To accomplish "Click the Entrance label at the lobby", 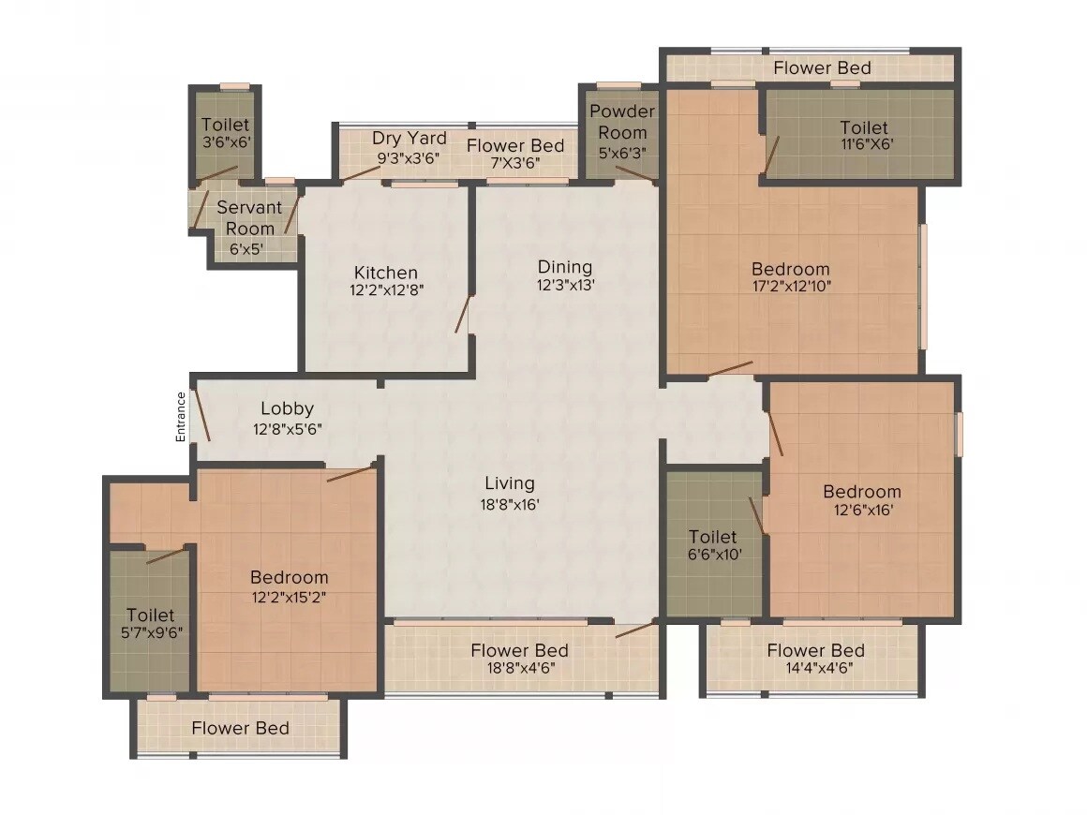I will click(182, 417).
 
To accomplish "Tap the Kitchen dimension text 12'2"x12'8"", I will click(386, 290).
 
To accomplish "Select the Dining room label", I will click(564, 267).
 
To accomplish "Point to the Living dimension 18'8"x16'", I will click(510, 504).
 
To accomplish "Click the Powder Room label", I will click(621, 122).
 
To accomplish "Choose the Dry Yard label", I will click(409, 139).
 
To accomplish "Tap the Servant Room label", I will click(249, 217).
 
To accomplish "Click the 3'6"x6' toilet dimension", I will click(225, 143).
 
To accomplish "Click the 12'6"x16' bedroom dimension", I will click(862, 511).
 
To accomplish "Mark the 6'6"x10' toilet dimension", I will click(713, 556).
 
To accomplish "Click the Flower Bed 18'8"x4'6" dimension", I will click(519, 670).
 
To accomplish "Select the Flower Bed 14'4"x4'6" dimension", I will click(815, 670).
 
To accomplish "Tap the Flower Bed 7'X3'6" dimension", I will click(515, 163).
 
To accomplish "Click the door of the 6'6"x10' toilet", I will click(758, 516).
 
